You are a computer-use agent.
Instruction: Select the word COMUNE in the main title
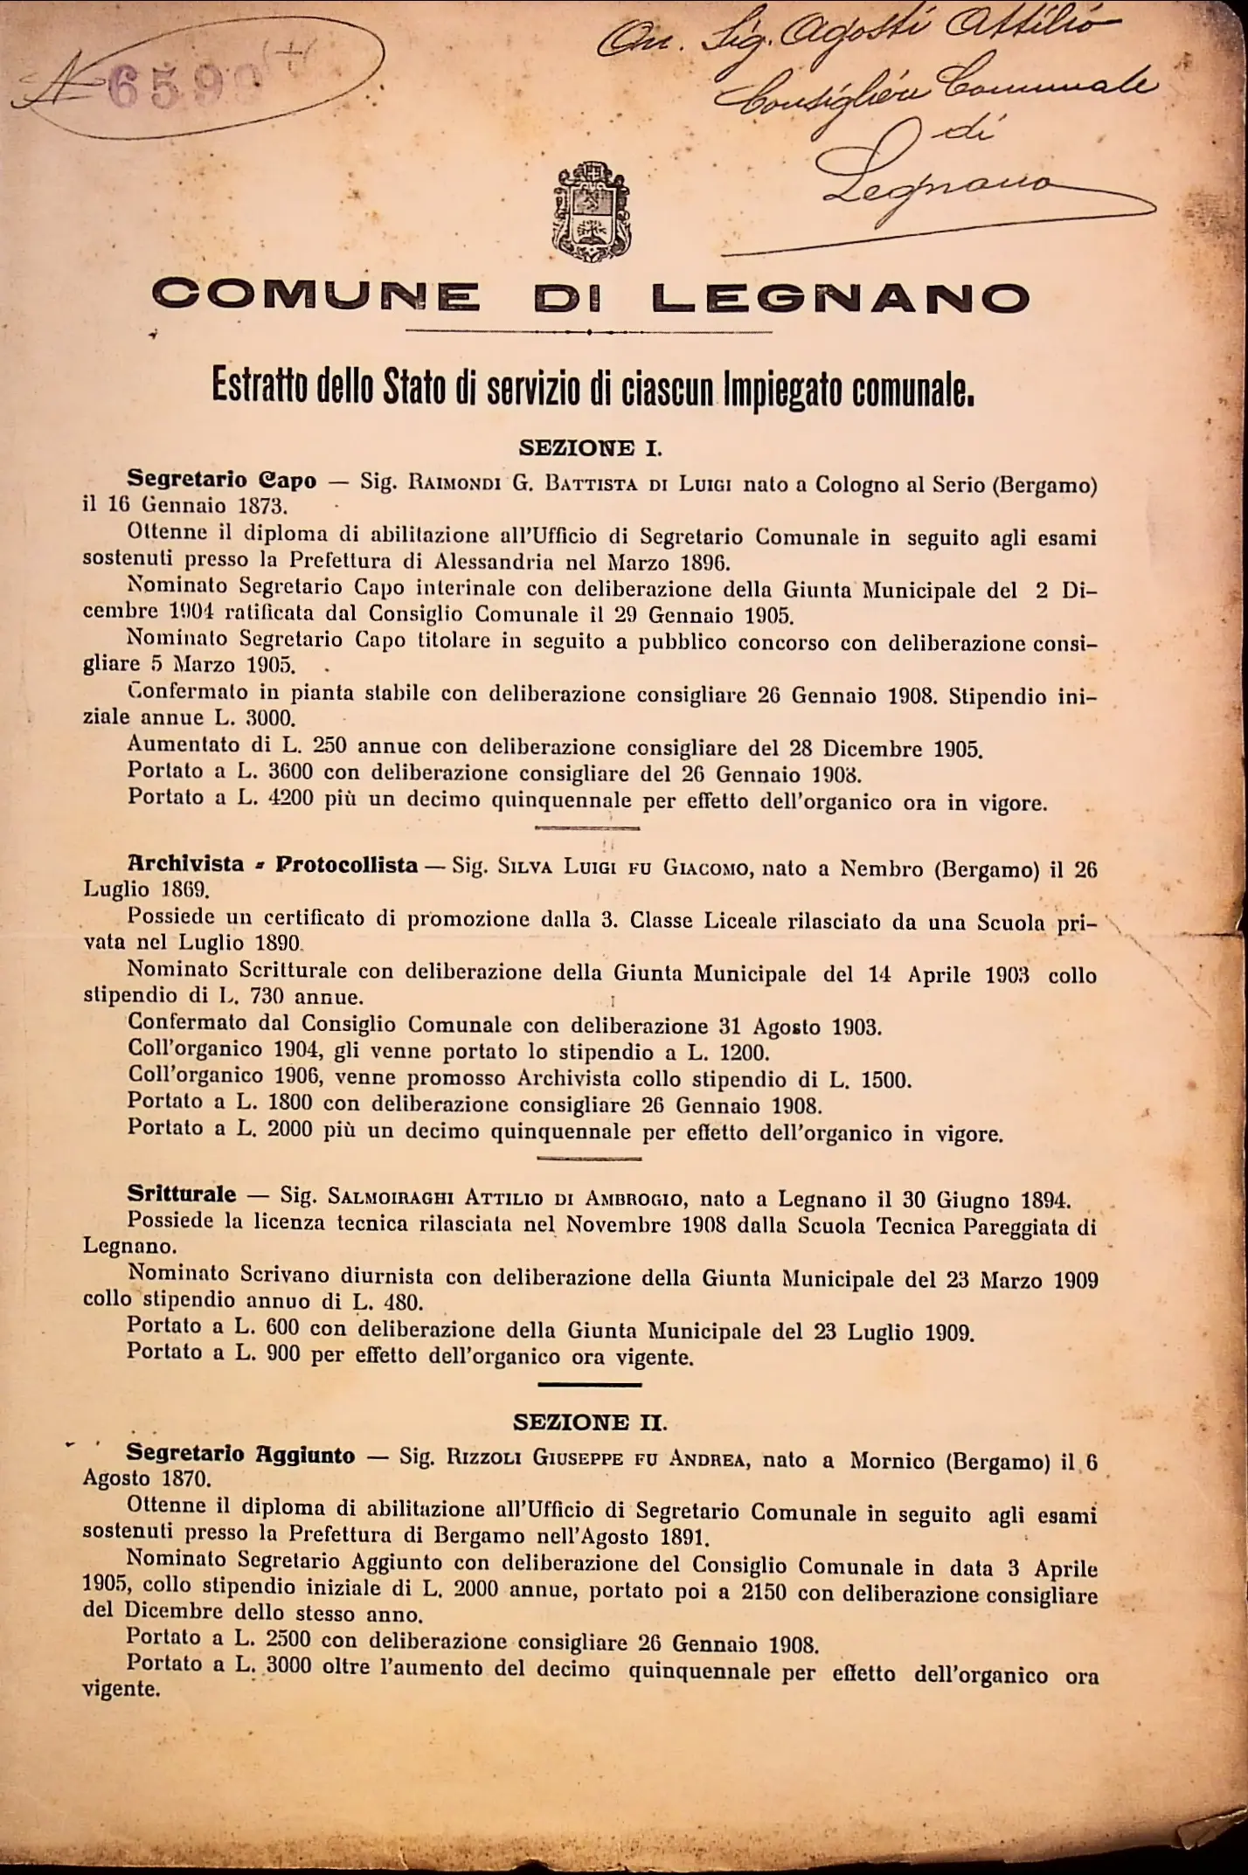click(315, 297)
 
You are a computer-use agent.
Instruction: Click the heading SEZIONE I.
click(590, 448)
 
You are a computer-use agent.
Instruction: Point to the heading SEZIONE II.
click(590, 1422)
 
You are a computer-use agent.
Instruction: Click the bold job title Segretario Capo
click(221, 480)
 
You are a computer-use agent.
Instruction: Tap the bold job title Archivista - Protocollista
click(272, 865)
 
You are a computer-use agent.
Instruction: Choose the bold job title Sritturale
click(181, 1194)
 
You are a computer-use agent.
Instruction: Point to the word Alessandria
click(496, 562)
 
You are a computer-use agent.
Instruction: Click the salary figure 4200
click(290, 799)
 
